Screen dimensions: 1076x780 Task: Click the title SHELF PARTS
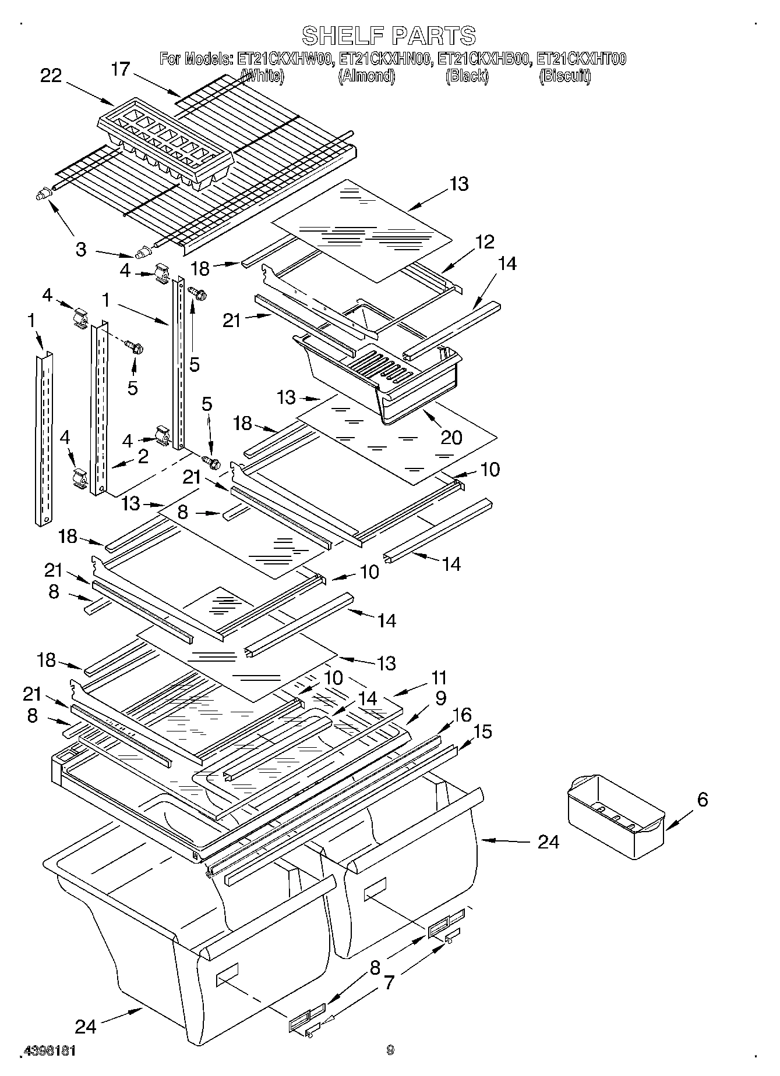point(389,35)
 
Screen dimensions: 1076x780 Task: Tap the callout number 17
point(120,69)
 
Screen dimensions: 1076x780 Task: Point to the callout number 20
point(451,437)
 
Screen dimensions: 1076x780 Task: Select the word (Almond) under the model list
point(367,76)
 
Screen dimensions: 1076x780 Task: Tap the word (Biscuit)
point(565,76)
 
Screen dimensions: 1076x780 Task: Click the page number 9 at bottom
point(390,1050)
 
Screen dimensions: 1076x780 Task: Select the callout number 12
point(484,242)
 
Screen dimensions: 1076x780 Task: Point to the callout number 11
point(439,677)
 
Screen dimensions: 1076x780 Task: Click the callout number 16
point(461,715)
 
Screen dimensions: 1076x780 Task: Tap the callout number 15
point(483,731)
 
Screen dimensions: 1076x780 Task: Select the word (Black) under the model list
point(467,76)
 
